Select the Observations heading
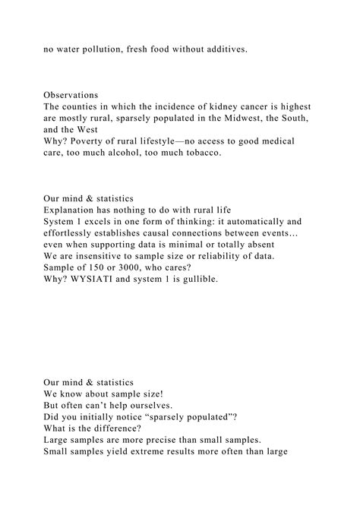coord(71,95)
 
